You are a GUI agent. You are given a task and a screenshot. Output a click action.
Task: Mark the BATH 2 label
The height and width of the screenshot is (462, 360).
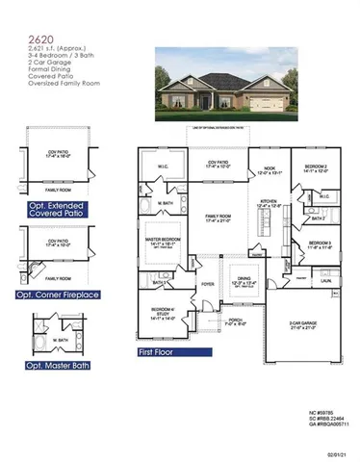tap(316, 218)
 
